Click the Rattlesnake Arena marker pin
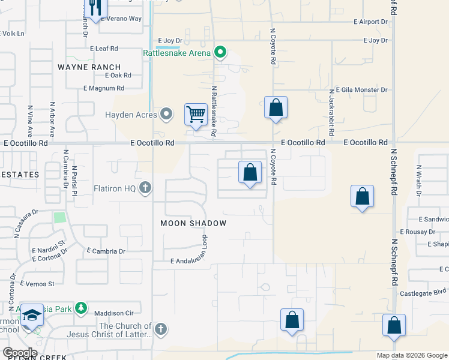pyautogui.click(x=220, y=53)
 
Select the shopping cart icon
pyautogui.click(x=196, y=113)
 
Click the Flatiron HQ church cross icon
pyautogui.click(x=145, y=188)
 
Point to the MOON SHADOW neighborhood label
pyautogui.click(x=193, y=223)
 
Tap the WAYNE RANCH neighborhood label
pyautogui.click(x=89, y=67)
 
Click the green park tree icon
pyautogui.click(x=81, y=309)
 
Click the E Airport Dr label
pyautogui.click(x=366, y=22)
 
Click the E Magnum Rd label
pyautogui.click(x=107, y=88)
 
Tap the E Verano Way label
pyautogui.click(x=121, y=19)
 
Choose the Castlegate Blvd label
pyautogui.click(x=423, y=294)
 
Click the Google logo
pyautogui.click(x=19, y=353)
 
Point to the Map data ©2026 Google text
pyautogui.click(x=411, y=355)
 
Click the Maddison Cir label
pyautogui.click(x=112, y=313)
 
